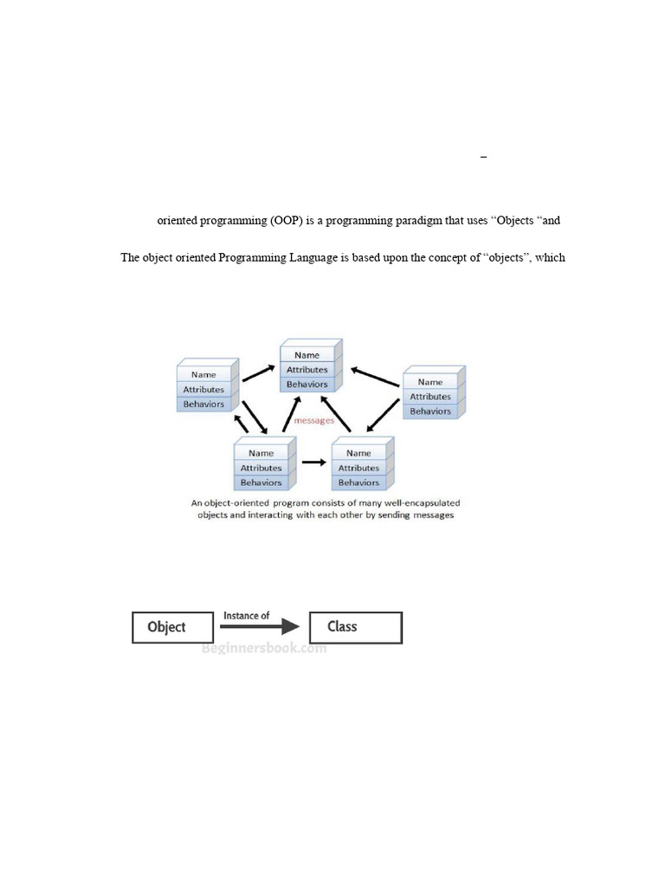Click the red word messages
[x=313, y=421]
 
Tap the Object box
[x=172, y=627]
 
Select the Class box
[x=356, y=627]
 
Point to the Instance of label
[x=246, y=616]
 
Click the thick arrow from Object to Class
[x=260, y=626]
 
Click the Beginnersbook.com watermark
[x=264, y=648]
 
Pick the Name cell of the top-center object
[x=307, y=355]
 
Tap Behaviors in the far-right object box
[x=430, y=411]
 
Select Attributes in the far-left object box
[x=203, y=389]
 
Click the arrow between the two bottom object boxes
[x=313, y=463]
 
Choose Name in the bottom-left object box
[x=261, y=453]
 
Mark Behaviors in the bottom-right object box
[x=359, y=482]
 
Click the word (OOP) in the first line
[x=286, y=221]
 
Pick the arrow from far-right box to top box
[x=375, y=378]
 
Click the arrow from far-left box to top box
[x=258, y=373]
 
